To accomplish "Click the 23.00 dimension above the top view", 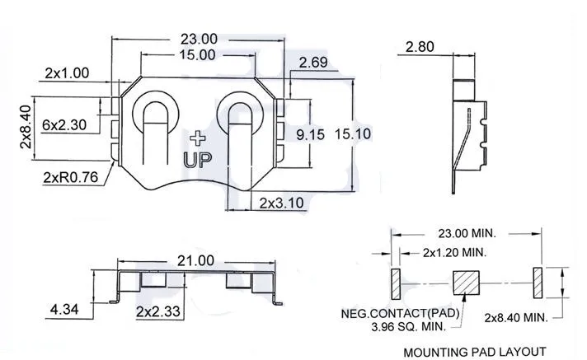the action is click(199, 39).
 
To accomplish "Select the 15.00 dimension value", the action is click(197, 55).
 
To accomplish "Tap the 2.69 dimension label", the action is click(313, 63).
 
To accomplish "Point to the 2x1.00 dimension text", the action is click(67, 73).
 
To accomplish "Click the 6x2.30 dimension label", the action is click(64, 124).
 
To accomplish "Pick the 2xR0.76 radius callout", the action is click(70, 177).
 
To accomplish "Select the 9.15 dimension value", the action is click(310, 135).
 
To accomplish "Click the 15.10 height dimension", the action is click(353, 134).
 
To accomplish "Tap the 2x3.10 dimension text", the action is click(281, 203).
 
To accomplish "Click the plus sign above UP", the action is click(198, 138).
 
